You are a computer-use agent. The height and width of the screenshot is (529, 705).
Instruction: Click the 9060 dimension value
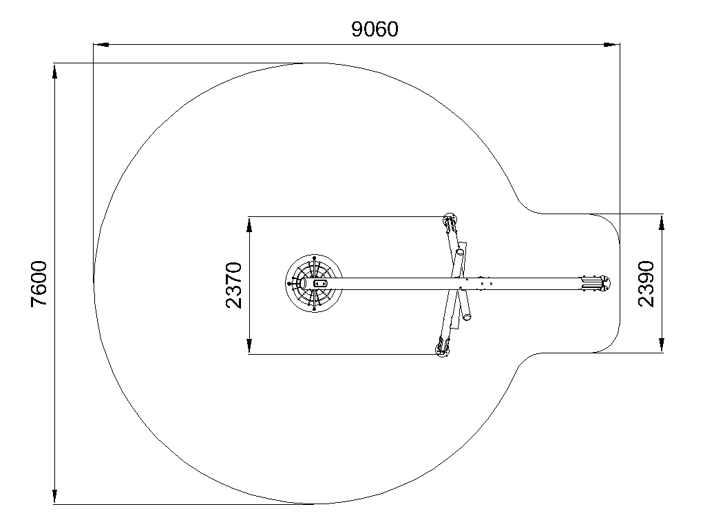(x=375, y=29)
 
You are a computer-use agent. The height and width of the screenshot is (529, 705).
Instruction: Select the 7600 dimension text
(x=39, y=284)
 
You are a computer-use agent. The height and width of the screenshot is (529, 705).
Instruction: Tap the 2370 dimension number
(x=233, y=285)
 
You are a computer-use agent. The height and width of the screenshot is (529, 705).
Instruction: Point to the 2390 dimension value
(x=646, y=283)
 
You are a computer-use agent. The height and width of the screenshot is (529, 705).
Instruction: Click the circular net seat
(x=314, y=283)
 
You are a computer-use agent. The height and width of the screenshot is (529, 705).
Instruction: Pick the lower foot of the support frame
(x=442, y=348)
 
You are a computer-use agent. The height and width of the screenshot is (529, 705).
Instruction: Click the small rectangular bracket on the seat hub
(x=320, y=283)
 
